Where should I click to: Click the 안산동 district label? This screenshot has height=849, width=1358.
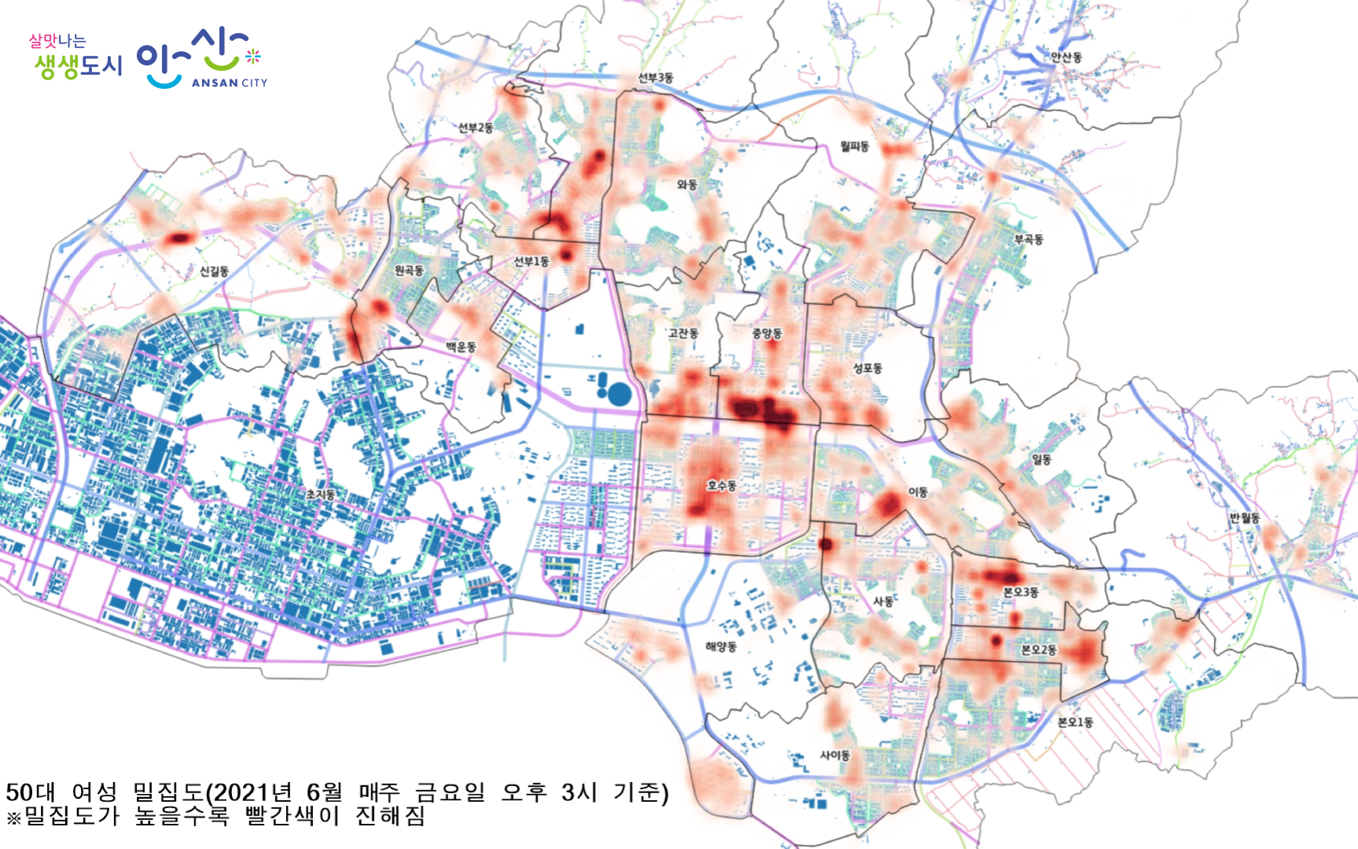(x=1066, y=57)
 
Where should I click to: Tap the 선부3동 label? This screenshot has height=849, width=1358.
(x=655, y=78)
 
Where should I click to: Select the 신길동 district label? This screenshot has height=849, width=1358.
(x=214, y=271)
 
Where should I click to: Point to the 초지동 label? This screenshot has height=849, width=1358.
(x=321, y=494)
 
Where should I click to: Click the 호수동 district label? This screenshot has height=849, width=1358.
(x=721, y=486)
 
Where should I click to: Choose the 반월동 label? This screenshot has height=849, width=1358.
(x=1245, y=518)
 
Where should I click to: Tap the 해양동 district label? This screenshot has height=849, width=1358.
(x=720, y=647)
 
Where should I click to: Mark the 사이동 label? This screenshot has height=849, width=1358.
(x=835, y=755)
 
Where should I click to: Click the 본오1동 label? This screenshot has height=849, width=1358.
(x=1075, y=722)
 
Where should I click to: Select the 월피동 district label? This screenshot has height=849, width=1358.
(x=855, y=146)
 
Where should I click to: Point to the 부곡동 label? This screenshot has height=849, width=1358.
(x=1029, y=239)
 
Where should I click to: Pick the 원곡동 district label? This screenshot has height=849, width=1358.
(x=409, y=270)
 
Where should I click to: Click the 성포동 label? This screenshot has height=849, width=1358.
(x=867, y=368)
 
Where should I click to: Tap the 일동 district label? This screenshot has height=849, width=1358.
(x=1041, y=459)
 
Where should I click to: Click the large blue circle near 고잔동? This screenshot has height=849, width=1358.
(x=620, y=394)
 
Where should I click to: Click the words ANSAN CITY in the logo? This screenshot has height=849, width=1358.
(x=229, y=83)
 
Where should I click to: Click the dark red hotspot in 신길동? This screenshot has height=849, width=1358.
(x=180, y=237)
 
